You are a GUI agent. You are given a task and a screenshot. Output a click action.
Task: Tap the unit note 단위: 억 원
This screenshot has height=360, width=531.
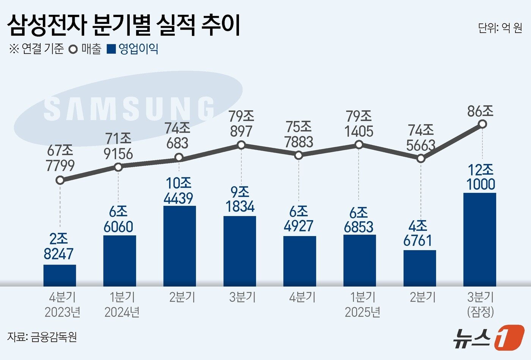[x=500, y=28]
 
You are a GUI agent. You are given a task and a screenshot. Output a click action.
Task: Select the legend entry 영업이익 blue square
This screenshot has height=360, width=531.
[x=111, y=49]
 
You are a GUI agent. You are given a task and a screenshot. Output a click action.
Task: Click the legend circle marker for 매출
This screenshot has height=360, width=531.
[x=73, y=49]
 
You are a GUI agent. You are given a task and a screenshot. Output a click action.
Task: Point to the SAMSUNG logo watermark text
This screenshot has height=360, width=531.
[x=129, y=109]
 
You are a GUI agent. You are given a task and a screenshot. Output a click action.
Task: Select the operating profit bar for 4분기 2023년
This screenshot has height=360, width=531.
[x=60, y=275]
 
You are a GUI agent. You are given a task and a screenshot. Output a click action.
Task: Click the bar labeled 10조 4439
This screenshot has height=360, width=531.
[x=179, y=246]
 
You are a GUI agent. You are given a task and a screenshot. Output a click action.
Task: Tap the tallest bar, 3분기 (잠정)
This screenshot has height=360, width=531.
[x=479, y=239]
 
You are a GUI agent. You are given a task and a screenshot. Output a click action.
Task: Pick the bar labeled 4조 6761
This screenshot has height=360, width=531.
[x=419, y=268]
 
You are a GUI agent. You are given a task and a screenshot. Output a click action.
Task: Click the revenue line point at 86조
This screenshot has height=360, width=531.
[x=482, y=124]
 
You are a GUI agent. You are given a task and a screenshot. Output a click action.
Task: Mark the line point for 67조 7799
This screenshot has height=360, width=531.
[x=60, y=180]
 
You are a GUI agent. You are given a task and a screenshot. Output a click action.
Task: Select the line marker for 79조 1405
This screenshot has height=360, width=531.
[x=359, y=144]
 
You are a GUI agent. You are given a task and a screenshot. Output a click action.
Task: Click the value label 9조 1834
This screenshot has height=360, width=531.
[x=240, y=199]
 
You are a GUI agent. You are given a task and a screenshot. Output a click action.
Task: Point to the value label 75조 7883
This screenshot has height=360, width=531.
[x=299, y=135]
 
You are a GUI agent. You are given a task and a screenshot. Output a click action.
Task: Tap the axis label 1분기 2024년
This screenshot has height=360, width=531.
[x=122, y=305]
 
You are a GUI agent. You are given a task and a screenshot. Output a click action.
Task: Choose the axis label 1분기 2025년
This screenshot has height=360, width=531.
[x=362, y=305]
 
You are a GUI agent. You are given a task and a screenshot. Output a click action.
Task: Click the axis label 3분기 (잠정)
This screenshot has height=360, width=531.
[x=481, y=305]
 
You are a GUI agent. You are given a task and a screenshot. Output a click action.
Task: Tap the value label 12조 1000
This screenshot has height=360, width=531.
[x=481, y=177]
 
